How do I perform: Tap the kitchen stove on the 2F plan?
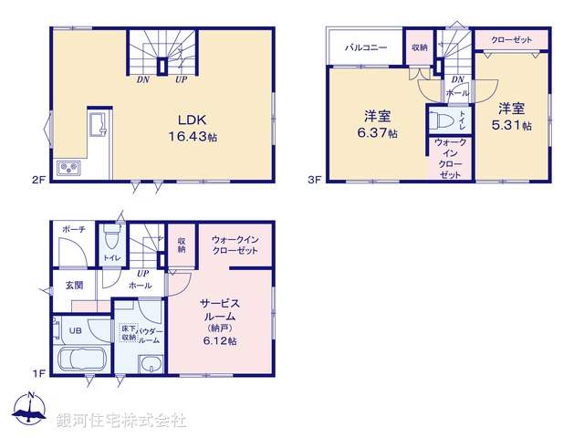[68, 168]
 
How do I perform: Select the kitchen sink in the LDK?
[98, 125]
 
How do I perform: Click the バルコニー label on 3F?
[365, 47]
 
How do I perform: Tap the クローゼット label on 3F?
[511, 40]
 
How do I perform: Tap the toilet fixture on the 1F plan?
[112, 239]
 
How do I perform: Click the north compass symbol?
[31, 411]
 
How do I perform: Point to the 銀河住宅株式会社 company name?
[121, 420]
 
